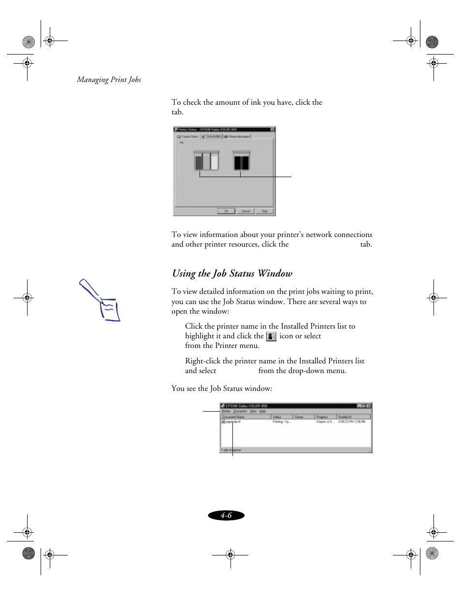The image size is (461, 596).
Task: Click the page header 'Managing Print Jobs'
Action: (x=109, y=80)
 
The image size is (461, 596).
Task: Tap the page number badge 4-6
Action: (x=226, y=515)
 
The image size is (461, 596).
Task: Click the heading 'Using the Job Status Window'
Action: (x=232, y=273)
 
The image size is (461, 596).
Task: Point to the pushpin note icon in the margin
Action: (x=101, y=301)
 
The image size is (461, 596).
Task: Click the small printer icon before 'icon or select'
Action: (x=271, y=336)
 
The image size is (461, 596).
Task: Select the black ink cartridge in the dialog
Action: (x=241, y=161)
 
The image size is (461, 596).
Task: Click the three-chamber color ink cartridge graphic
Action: (x=206, y=161)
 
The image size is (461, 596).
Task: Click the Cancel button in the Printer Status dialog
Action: (x=245, y=211)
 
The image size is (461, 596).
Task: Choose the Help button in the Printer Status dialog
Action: (x=265, y=211)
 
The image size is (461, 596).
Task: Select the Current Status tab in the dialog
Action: (x=188, y=137)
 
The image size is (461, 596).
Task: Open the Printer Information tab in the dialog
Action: (x=237, y=137)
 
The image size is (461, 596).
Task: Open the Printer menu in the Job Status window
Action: (x=226, y=412)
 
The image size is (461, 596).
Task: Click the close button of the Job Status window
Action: (x=368, y=406)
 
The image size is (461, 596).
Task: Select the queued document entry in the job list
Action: (x=231, y=422)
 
